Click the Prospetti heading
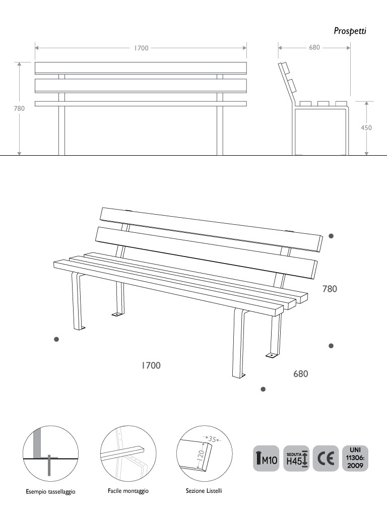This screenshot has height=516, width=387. (x=350, y=31)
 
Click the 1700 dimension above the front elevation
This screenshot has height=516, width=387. (x=141, y=48)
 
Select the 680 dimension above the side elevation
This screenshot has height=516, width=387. (x=314, y=47)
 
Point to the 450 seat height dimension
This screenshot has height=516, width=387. (x=366, y=127)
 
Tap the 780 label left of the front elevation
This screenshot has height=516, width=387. (x=19, y=108)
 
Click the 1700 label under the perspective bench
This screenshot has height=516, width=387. (x=151, y=365)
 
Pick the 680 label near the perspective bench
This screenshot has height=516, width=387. (x=301, y=374)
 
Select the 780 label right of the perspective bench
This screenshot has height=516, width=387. (x=330, y=289)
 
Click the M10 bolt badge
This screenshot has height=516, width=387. (x=266, y=459)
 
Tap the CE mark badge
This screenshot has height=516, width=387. (x=326, y=459)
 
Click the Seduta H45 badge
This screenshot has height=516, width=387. (x=296, y=459)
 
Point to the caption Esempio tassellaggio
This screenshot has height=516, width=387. (x=51, y=492)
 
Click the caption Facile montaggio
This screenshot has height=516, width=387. (x=128, y=491)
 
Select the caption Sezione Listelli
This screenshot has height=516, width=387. (x=204, y=491)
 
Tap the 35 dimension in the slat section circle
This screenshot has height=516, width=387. (x=212, y=439)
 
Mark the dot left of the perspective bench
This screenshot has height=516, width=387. (x=56, y=339)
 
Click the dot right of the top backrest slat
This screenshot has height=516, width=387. (x=332, y=236)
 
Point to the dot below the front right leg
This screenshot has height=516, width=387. (x=263, y=390)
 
